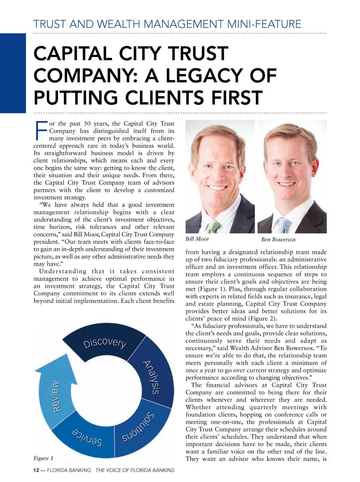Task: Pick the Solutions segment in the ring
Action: click(x=139, y=428)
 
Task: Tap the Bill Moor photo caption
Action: click(x=197, y=239)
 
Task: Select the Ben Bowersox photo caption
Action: click(x=278, y=240)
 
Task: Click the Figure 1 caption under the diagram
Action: click(x=44, y=458)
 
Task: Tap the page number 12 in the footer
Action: click(x=36, y=470)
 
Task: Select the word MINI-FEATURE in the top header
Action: click(x=264, y=24)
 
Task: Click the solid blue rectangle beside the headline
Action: click(x=13, y=73)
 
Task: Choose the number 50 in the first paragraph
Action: click(x=87, y=123)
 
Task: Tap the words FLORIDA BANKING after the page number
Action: click(x=69, y=470)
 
